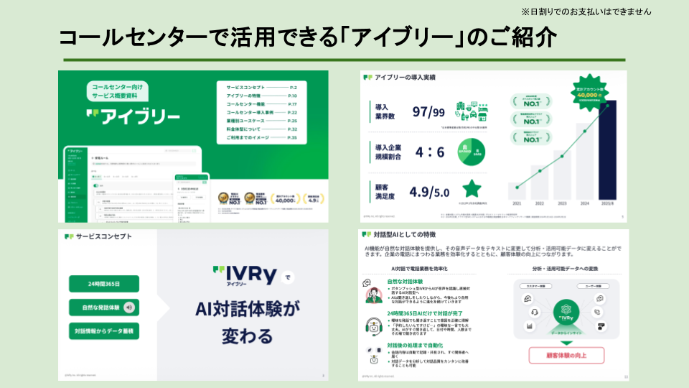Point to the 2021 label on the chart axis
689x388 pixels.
[516, 205]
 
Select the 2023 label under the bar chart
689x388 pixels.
[561, 205]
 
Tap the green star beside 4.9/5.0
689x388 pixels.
[472, 189]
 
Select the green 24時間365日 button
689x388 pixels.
[104, 284]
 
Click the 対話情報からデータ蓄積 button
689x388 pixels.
[104, 331]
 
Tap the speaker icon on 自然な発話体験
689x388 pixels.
[129, 308]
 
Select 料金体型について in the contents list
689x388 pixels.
[247, 129]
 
